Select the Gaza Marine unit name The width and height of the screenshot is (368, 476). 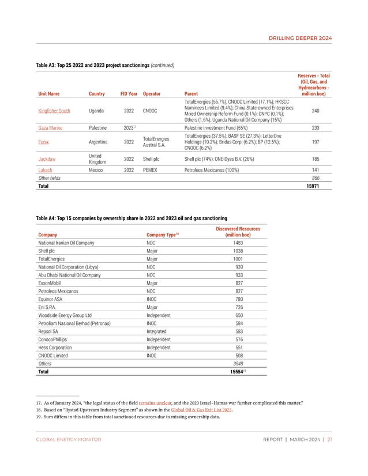(50, 128)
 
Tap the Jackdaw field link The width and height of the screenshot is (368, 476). (47, 158)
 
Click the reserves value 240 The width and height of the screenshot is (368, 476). (315, 111)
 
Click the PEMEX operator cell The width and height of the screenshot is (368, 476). (149, 171)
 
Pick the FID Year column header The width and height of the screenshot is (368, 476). (129, 93)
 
